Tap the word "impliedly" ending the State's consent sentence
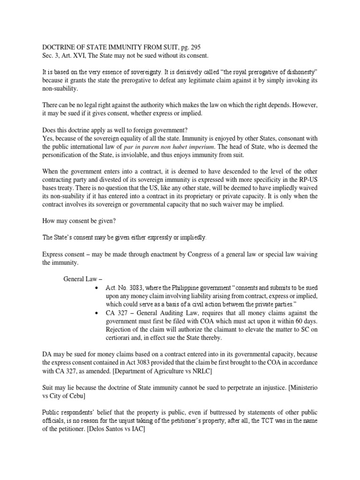(191, 238)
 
